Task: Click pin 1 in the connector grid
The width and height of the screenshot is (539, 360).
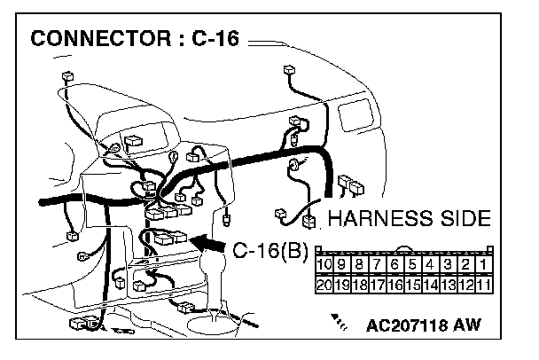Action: coord(484,264)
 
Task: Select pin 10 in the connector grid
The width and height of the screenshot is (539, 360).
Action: coord(324,264)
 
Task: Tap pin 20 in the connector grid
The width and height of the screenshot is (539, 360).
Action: coord(324,285)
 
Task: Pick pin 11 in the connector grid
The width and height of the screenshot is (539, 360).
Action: coord(484,285)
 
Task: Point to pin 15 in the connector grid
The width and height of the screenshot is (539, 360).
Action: coord(412,285)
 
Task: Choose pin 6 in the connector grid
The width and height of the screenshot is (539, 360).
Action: coord(394,264)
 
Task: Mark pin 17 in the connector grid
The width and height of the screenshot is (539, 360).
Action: coord(377,285)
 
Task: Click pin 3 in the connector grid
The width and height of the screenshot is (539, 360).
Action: coord(448,264)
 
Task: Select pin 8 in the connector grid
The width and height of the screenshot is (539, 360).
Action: coord(359,264)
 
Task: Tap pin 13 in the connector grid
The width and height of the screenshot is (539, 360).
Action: coord(448,285)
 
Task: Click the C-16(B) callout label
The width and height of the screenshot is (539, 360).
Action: coord(270,250)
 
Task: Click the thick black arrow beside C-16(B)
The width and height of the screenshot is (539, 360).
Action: coord(207,244)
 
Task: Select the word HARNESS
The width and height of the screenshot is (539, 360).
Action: coord(380,218)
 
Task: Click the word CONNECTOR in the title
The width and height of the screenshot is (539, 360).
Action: coord(100,38)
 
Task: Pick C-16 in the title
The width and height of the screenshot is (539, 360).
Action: coord(215,38)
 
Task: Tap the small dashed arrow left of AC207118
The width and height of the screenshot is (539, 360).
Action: coord(339,322)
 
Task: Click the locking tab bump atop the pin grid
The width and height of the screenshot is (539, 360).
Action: coord(404,248)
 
